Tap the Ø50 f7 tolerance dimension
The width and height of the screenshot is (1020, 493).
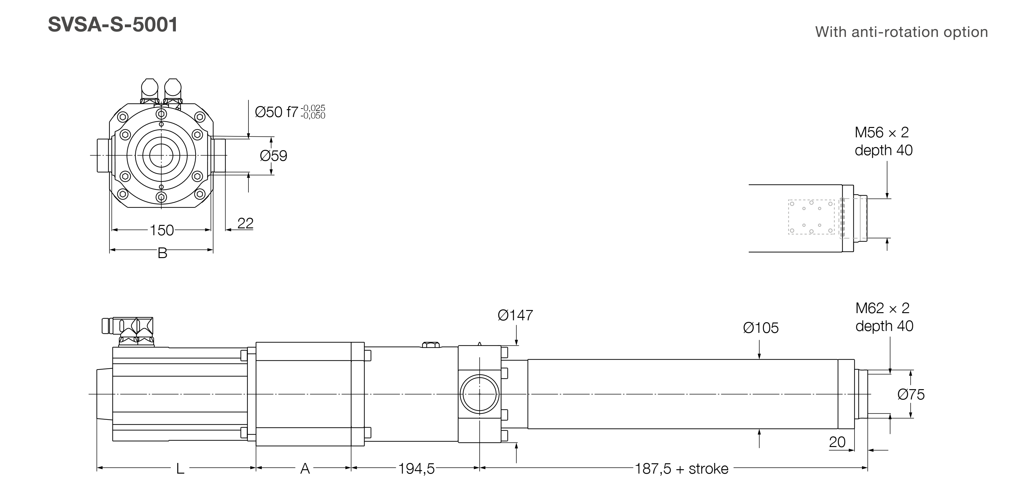pos(289,112)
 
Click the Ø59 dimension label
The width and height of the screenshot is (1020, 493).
pos(273,155)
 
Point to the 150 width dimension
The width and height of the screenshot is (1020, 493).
pos(161,230)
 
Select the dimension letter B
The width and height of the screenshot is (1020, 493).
pos(162,253)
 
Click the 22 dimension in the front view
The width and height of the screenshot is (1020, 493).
pos(245,223)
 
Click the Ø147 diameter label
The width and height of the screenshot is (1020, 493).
pos(515,315)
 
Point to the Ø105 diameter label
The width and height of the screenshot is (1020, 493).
pos(761,328)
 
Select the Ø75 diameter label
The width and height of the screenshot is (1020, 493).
pos(911,394)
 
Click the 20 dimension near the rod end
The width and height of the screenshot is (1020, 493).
pos(837,442)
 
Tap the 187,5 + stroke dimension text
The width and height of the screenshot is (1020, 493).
pos(681,469)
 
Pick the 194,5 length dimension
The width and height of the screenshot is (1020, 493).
pos(416,469)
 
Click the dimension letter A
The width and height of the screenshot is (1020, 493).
pos(304,469)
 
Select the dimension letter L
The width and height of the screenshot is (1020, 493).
pos(180,469)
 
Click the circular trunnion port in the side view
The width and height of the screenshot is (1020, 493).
pos(480,394)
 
